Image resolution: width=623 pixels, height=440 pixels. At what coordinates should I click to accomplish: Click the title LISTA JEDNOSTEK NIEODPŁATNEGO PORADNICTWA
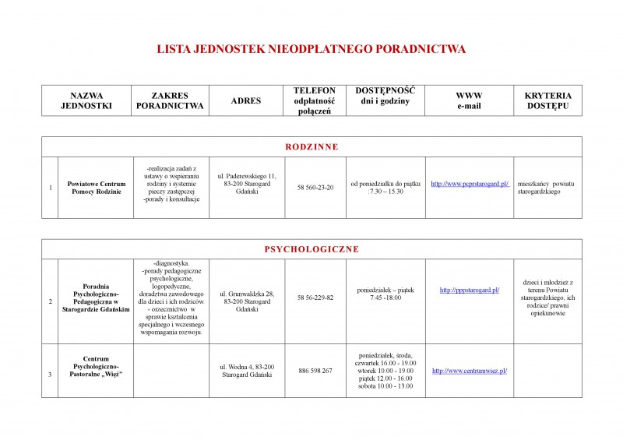tap(311, 49)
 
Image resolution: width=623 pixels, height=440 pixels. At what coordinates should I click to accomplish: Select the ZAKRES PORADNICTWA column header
tap(170, 100)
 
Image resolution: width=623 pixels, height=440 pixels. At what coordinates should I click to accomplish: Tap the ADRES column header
tap(246, 100)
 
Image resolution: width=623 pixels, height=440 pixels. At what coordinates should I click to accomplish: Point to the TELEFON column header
tap(315, 100)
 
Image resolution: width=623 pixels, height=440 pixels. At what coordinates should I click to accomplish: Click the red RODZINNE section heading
tap(311, 146)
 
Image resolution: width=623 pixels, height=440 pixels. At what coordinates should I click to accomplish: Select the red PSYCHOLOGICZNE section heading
tap(311, 249)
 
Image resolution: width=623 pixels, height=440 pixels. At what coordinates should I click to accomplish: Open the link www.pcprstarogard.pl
tap(470, 184)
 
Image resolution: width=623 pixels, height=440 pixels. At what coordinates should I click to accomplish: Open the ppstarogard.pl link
tap(470, 290)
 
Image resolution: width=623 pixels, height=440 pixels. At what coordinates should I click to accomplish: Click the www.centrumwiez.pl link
tap(470, 371)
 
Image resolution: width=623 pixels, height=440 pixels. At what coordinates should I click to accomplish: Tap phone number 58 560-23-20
tap(315, 188)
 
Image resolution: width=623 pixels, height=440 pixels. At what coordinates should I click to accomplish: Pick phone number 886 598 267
tap(315, 371)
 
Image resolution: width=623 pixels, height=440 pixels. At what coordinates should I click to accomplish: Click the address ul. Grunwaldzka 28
tap(247, 293)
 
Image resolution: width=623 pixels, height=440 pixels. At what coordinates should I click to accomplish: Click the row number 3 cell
tap(50, 375)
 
